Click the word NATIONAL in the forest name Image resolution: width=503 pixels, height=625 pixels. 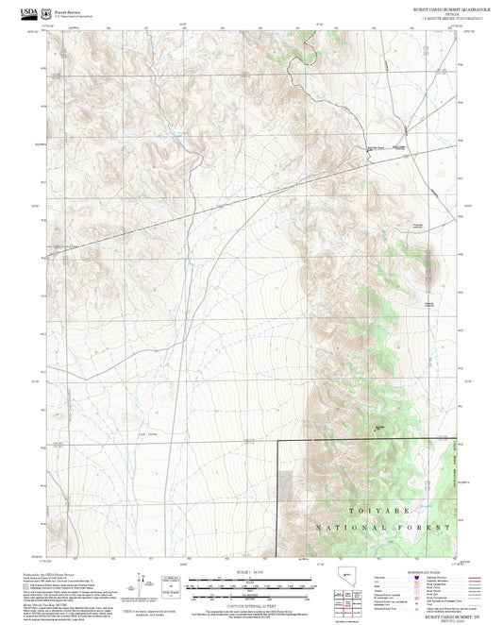click(351, 527)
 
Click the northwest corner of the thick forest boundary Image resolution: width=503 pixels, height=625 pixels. click(278, 441)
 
